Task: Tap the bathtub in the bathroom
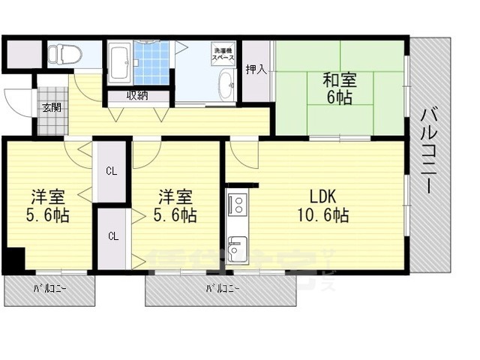[x=119, y=63]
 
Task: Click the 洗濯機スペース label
[x=223, y=53]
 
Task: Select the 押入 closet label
[x=256, y=70]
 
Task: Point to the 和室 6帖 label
[x=339, y=88]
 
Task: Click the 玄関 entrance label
[x=52, y=106]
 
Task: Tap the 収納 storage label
[x=136, y=95]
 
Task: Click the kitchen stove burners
[x=237, y=204]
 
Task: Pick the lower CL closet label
[x=112, y=236]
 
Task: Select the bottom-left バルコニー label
[x=49, y=288]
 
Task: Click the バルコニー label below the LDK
[x=223, y=288]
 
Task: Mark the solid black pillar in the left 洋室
[x=14, y=259]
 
